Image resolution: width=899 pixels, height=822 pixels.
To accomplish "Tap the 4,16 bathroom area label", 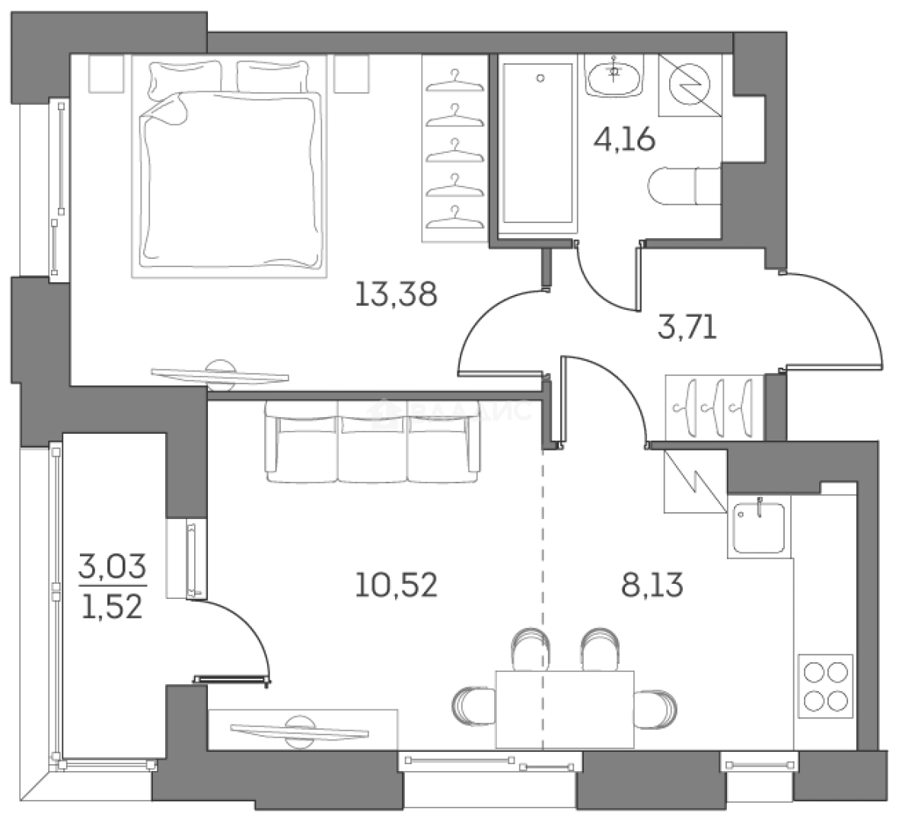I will pos(624,140).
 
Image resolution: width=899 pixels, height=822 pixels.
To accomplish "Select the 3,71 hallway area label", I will pos(687,329).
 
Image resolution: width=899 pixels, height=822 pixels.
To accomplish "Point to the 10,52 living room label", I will pos(396,585).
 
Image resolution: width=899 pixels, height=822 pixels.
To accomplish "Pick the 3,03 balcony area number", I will pos(111,567).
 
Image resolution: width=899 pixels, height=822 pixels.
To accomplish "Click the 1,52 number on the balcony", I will pos(111,607).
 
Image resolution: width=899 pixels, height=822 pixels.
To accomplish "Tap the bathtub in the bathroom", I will pos(538,145).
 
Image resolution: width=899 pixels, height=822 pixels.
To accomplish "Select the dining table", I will pos(564,708).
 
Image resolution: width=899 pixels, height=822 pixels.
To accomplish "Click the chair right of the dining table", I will pos(655,706).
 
